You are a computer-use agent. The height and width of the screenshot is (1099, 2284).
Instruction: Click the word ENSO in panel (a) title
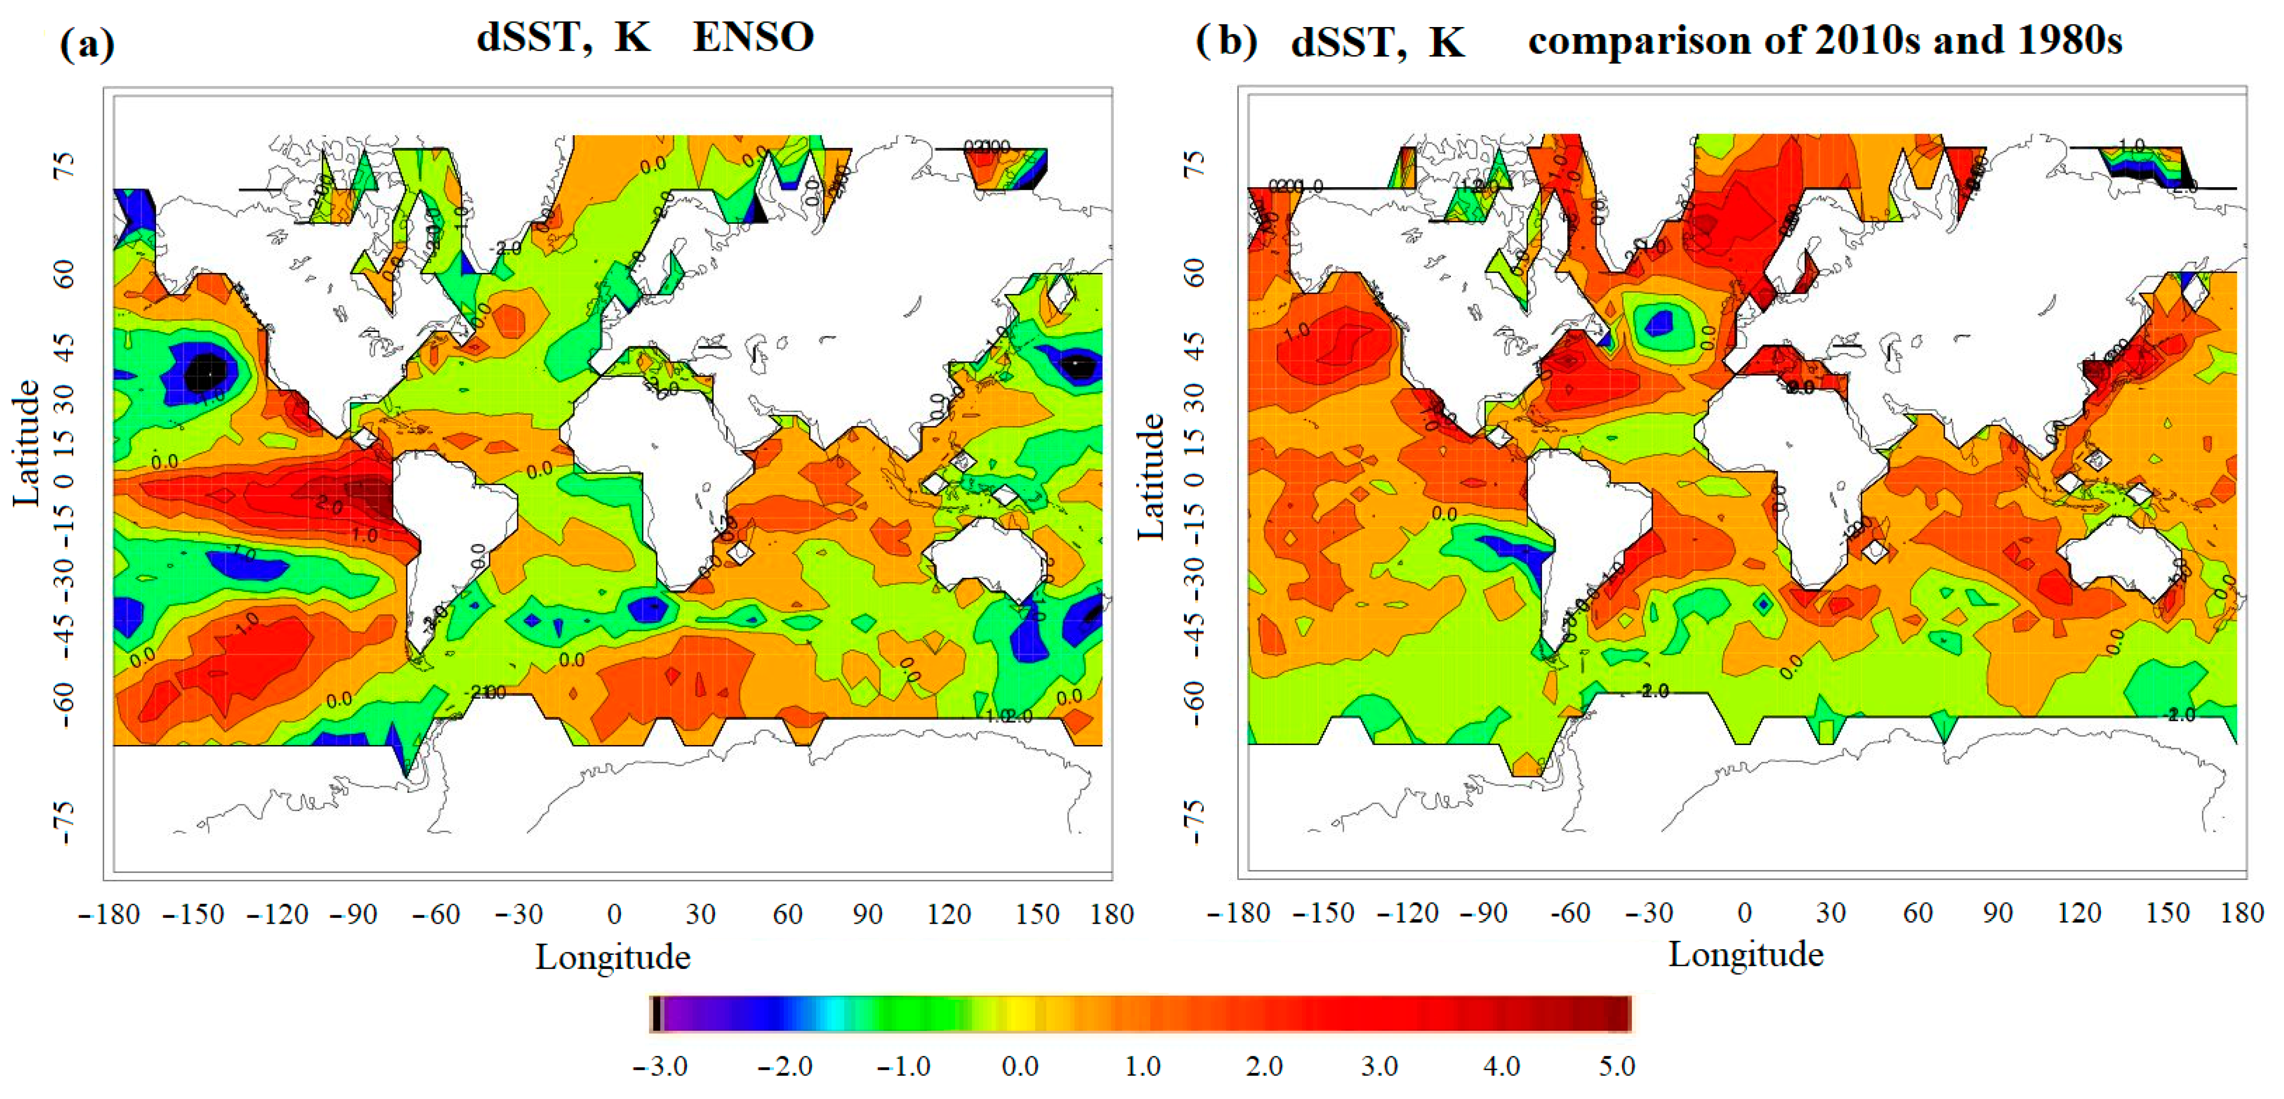pyautogui.click(x=753, y=37)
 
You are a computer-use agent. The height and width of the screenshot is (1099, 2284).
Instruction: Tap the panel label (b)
pyautogui.click(x=1226, y=41)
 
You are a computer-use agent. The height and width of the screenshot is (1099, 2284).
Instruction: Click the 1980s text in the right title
pyautogui.click(x=2069, y=40)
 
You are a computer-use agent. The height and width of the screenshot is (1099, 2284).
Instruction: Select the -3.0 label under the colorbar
pyautogui.click(x=660, y=1066)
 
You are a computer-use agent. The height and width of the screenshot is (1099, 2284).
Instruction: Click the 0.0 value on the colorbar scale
pyautogui.click(x=1020, y=1066)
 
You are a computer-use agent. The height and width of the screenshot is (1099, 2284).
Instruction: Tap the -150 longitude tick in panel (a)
pyautogui.click(x=193, y=914)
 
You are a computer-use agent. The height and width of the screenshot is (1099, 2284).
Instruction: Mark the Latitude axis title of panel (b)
pyautogui.click(x=1150, y=476)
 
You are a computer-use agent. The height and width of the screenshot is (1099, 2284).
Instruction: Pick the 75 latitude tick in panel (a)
pyautogui.click(x=64, y=166)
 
